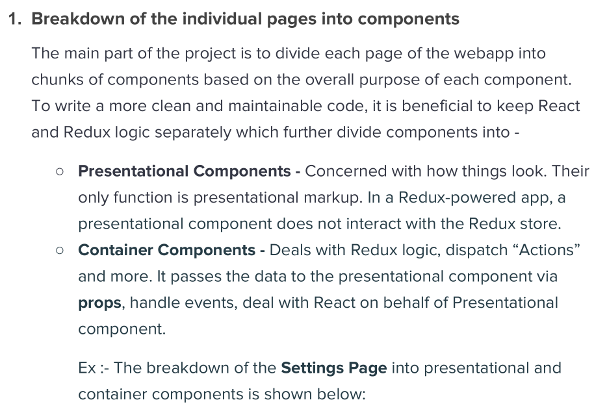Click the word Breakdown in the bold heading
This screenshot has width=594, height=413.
coord(78,19)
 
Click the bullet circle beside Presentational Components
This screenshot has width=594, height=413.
coord(60,172)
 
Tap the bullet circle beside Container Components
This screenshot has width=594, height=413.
coord(60,251)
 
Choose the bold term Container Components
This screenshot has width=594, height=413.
coord(166,250)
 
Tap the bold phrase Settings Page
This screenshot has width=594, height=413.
coord(334,369)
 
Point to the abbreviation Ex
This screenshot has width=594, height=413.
coord(87,368)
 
